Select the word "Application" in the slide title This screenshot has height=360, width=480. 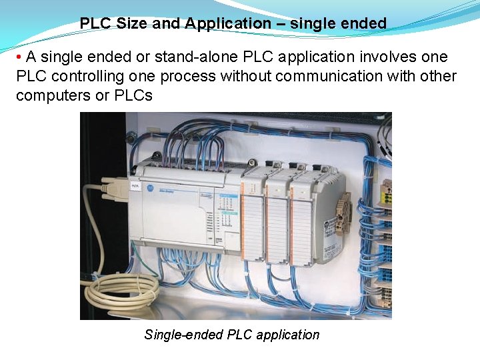pos(228,23)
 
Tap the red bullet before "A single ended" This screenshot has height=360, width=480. pos(20,57)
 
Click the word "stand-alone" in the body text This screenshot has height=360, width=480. pos(192,57)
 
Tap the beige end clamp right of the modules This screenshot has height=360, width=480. pos(343,213)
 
